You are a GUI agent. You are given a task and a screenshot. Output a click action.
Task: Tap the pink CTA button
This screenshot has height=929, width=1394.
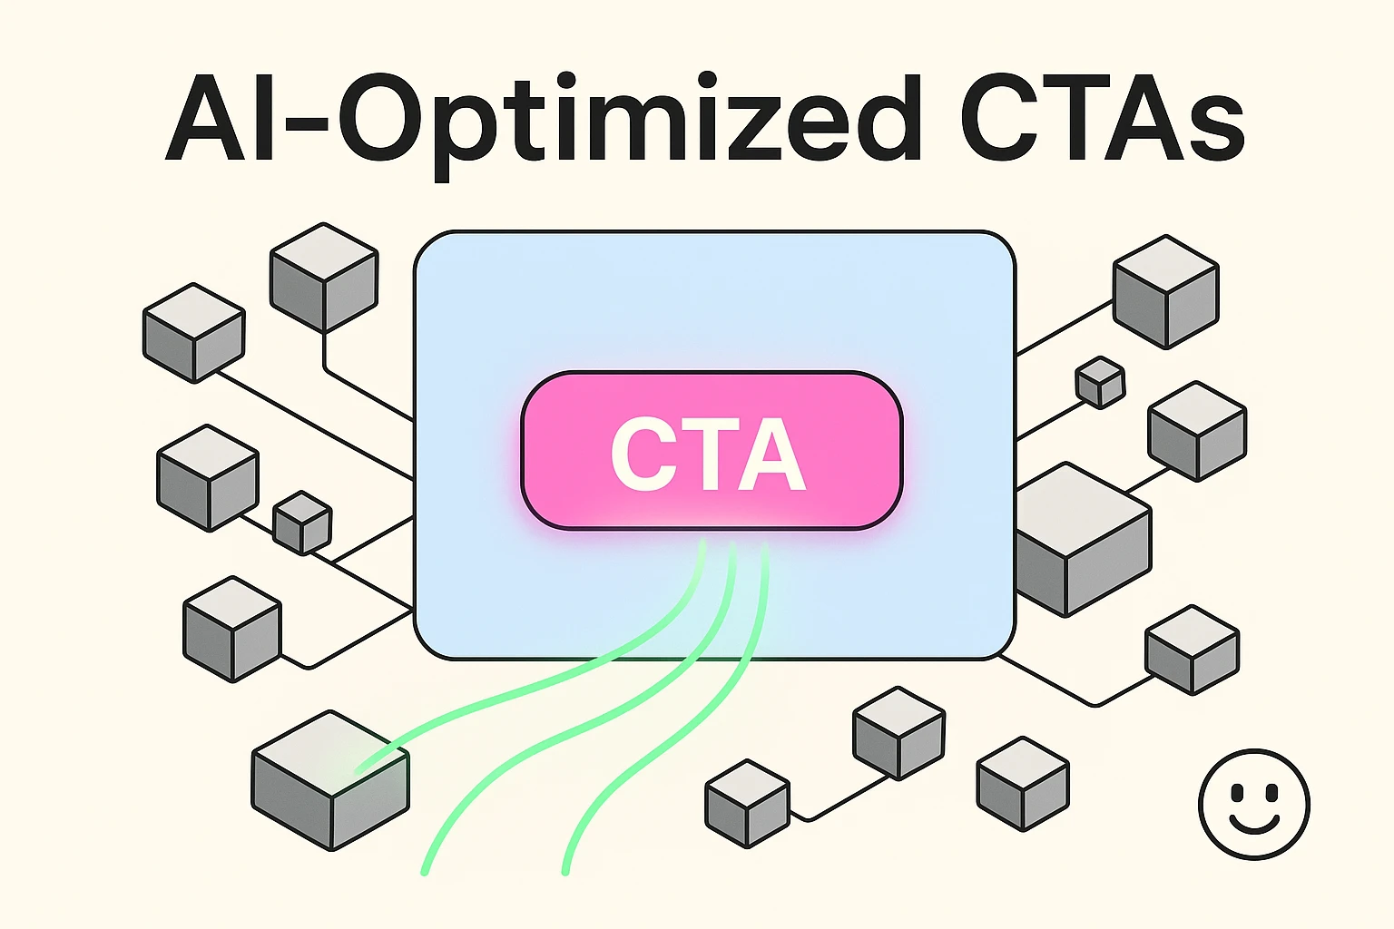(711, 451)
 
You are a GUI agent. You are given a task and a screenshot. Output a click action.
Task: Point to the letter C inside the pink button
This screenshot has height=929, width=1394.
(642, 454)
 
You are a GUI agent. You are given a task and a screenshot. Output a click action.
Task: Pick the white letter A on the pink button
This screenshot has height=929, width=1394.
(771, 454)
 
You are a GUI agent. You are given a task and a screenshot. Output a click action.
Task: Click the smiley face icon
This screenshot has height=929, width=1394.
(1253, 804)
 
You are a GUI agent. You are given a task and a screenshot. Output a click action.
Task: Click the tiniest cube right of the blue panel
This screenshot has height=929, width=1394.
(1100, 382)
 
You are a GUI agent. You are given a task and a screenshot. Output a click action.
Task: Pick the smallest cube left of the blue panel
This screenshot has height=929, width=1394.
(302, 523)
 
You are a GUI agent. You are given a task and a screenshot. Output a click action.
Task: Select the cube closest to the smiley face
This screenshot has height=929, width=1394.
(1192, 650)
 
